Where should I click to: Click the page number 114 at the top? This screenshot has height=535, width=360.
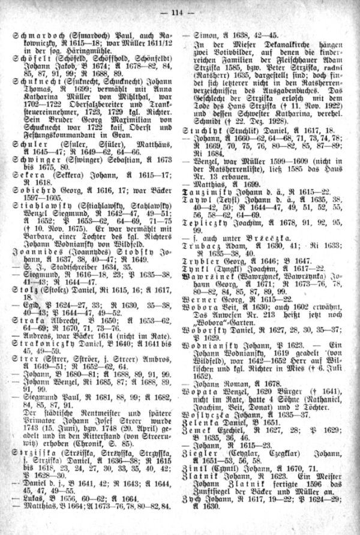click(181, 8)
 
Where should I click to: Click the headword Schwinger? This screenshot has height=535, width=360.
click(35, 145)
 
